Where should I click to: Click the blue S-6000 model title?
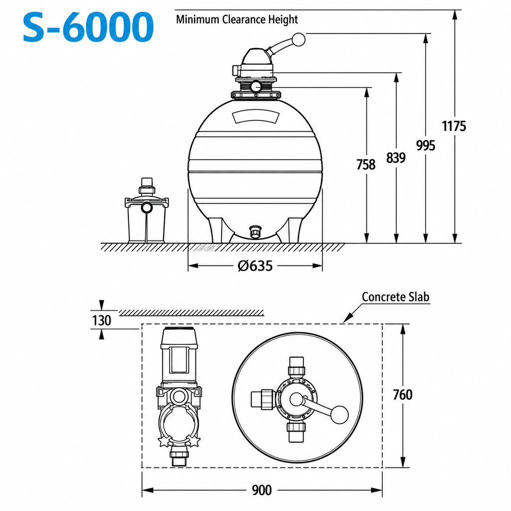click(88, 27)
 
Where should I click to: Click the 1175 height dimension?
click(454, 126)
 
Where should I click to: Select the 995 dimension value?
click(426, 145)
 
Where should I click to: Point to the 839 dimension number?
click(396, 158)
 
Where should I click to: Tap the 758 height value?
click(366, 165)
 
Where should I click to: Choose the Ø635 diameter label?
click(255, 266)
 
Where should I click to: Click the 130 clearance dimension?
click(101, 320)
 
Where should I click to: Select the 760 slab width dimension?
click(403, 395)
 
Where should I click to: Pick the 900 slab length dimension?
click(261, 490)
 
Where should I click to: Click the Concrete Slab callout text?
click(395, 296)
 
